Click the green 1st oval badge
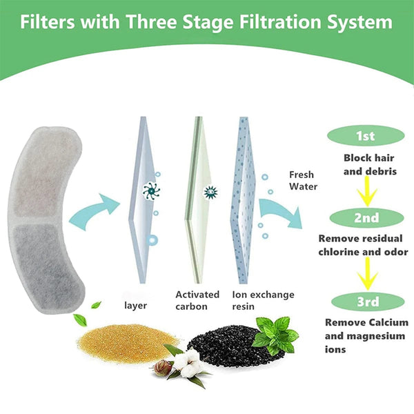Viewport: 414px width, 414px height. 366,136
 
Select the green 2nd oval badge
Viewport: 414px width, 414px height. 366,218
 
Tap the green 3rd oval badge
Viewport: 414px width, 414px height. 366,301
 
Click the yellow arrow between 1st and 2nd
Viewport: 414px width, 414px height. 366,190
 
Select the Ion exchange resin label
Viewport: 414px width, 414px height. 263,300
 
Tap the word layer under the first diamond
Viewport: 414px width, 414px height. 135,304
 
